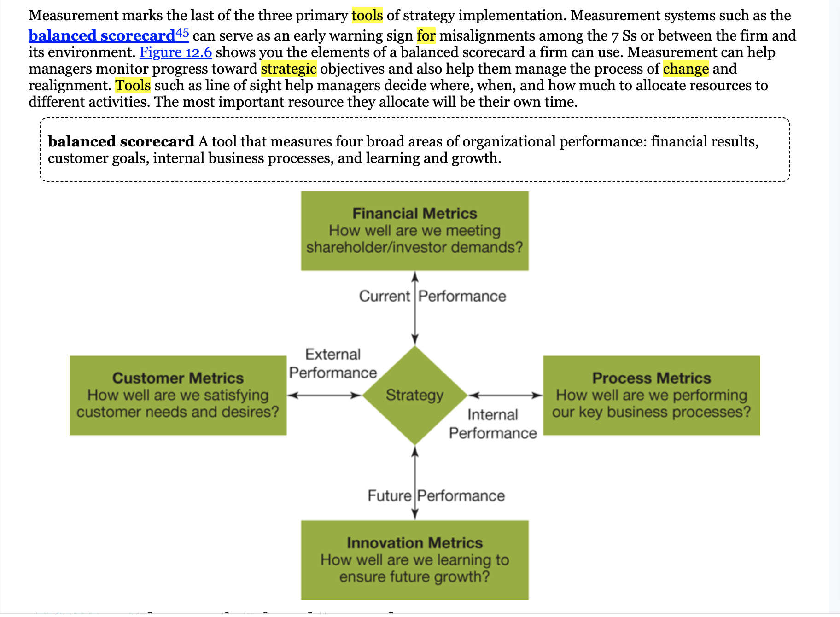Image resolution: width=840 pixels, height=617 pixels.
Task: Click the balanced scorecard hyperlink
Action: tap(102, 36)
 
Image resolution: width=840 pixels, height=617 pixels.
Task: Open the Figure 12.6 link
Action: tap(175, 52)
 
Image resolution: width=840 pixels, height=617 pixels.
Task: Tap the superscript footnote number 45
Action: tap(182, 33)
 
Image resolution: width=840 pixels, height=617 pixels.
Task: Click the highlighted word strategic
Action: tap(289, 69)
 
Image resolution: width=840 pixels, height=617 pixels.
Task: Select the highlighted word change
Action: tap(686, 69)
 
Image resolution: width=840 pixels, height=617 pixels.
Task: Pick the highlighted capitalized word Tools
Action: tap(133, 86)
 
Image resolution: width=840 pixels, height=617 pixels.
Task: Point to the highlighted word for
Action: tap(426, 36)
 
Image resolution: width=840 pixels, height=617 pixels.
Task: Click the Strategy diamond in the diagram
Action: tap(414, 395)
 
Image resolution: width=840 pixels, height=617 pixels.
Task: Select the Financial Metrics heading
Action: tap(414, 214)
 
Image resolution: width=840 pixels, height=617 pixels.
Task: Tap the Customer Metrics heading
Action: tap(178, 378)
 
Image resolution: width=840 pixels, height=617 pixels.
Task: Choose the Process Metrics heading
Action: tap(651, 378)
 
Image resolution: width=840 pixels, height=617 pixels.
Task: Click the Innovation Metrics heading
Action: tap(414, 543)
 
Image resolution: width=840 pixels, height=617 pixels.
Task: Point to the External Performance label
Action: tap(333, 363)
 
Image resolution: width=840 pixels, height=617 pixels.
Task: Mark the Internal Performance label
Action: tap(493, 424)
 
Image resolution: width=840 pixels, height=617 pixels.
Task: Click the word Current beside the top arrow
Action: tap(384, 296)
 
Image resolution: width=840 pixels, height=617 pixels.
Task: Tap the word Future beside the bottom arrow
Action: tap(389, 496)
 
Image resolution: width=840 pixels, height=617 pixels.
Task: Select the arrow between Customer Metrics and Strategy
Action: tap(324, 395)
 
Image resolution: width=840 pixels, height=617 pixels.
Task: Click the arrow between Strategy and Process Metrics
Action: tap(505, 395)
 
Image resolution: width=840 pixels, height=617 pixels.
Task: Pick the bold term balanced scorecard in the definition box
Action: tap(121, 141)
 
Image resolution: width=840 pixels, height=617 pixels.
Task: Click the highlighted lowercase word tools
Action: tap(367, 16)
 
